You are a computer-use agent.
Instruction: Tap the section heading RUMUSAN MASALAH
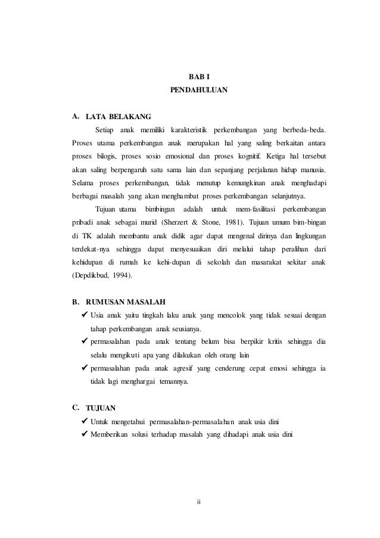coord(126,301)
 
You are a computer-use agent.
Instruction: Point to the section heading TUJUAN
coord(101,408)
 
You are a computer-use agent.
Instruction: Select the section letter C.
coord(76,408)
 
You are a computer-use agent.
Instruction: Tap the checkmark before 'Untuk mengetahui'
coord(85,422)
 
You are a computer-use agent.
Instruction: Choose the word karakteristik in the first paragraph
coord(187,130)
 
